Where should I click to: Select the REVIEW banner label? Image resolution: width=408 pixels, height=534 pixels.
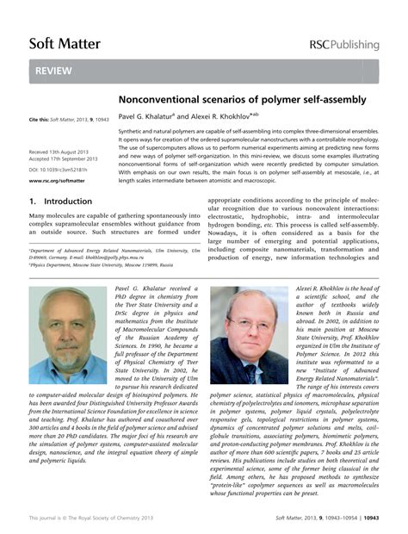[53, 72]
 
